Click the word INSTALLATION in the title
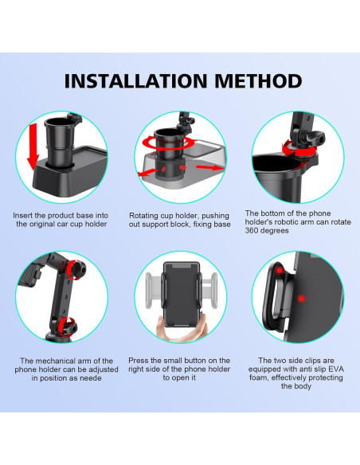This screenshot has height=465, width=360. (135, 80)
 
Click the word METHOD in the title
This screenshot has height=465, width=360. (258, 80)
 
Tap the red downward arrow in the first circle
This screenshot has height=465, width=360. (33, 147)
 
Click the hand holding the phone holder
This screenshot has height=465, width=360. (180, 329)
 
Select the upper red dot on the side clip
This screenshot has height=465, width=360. (279, 271)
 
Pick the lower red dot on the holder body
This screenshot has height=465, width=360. (301, 299)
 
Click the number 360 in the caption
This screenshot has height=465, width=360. (251, 230)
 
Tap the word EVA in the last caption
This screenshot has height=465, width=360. (337, 369)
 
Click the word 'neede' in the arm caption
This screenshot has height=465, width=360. (92, 378)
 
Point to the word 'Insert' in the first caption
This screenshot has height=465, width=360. (22, 215)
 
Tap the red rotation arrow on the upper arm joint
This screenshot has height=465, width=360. (74, 270)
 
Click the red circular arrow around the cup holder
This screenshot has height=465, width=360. (168, 143)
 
